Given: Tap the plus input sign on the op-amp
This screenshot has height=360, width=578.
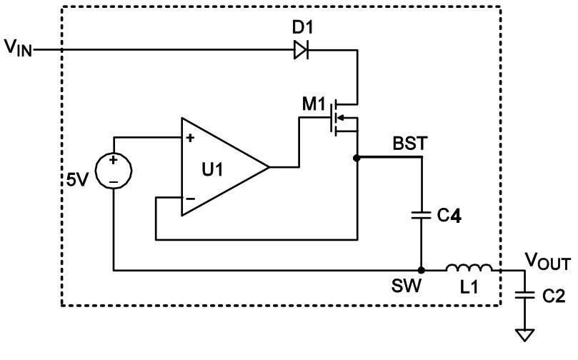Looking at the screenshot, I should click(x=191, y=138).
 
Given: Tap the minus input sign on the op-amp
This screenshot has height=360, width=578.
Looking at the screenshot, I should click(x=191, y=199).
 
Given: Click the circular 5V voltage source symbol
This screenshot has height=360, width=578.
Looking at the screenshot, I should click(x=114, y=171).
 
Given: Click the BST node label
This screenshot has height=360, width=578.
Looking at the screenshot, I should click(x=409, y=143).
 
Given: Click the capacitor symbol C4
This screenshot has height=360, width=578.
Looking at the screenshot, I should click(x=422, y=213).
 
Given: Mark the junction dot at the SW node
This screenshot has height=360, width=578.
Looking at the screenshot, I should click(x=422, y=271).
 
